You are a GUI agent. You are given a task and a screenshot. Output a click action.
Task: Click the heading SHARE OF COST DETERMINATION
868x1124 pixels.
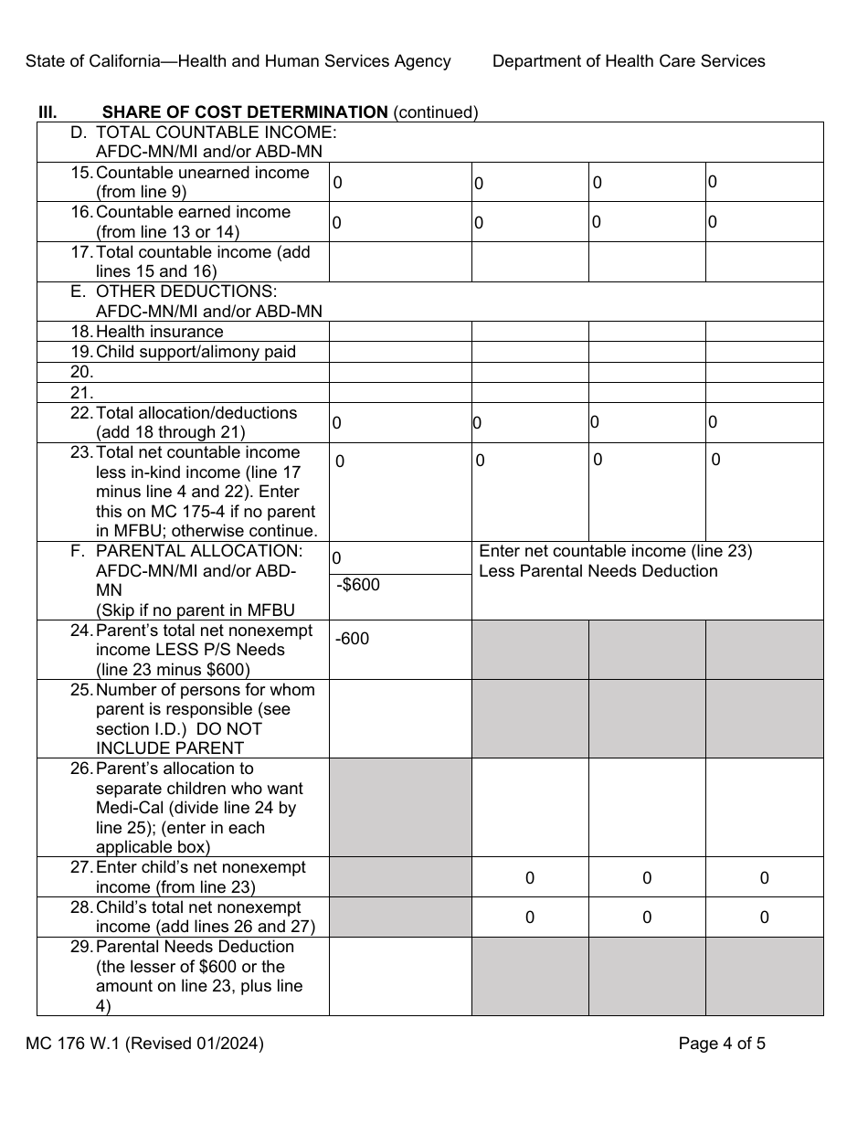click(245, 112)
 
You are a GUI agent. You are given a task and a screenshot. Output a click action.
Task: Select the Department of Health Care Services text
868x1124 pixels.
click(629, 61)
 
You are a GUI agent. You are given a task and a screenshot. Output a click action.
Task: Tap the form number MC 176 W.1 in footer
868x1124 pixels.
click(144, 1044)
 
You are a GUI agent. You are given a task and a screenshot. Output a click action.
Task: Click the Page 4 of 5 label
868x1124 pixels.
click(722, 1044)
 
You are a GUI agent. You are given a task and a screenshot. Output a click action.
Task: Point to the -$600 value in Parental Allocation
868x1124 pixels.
click(358, 585)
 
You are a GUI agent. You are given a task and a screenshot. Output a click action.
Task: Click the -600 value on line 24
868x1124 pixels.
click(353, 640)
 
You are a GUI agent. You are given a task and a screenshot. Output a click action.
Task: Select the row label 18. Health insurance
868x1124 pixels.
click(159, 332)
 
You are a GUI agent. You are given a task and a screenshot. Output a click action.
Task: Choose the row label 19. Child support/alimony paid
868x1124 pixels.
click(195, 352)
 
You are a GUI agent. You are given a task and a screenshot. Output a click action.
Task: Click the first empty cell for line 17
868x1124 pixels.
click(400, 262)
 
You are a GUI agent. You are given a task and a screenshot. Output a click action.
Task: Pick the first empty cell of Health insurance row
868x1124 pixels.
click(400, 332)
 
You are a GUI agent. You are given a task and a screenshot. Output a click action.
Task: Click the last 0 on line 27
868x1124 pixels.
click(764, 878)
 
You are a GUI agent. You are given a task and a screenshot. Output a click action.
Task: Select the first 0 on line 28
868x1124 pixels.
click(530, 917)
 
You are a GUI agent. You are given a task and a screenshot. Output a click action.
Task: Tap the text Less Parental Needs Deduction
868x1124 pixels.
click(598, 571)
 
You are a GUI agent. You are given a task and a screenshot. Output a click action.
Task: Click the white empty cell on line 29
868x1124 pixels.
click(400, 976)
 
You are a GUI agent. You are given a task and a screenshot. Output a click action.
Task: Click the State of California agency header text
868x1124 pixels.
click(238, 61)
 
